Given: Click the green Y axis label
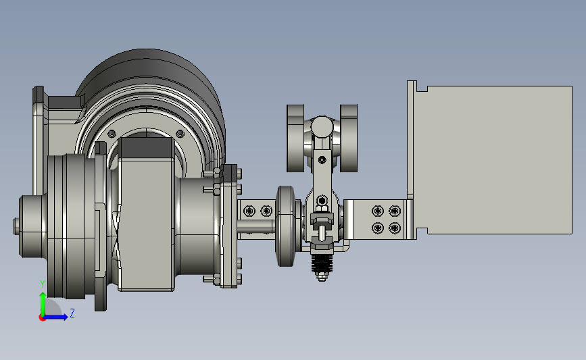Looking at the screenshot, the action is (43, 285).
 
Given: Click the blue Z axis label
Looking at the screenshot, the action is (72, 313).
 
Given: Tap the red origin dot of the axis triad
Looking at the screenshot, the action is (42, 318).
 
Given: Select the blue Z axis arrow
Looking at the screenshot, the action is (56, 317).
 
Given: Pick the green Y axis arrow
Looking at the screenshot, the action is (43, 304).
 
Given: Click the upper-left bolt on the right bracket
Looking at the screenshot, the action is (378, 211).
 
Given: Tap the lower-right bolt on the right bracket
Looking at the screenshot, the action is (395, 228).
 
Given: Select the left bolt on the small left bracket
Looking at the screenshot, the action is (249, 211).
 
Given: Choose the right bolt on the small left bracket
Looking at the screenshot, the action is (266, 211).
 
